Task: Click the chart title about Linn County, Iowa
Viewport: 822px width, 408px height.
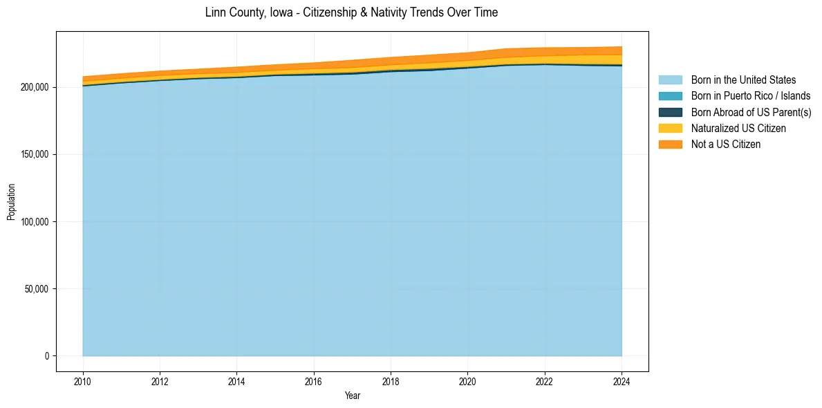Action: point(351,12)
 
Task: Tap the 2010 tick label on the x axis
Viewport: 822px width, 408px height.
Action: point(83,380)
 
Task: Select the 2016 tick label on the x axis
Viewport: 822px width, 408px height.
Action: point(314,380)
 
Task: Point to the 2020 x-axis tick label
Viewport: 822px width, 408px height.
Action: point(468,380)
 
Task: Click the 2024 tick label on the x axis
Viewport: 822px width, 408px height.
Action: point(622,380)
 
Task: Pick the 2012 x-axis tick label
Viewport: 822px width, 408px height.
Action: point(160,380)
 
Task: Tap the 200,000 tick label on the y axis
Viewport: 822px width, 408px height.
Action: point(34,87)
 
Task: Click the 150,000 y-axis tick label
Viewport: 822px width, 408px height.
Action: point(34,154)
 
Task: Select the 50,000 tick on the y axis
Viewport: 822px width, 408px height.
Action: point(36,288)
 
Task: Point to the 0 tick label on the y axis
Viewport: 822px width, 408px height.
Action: point(47,355)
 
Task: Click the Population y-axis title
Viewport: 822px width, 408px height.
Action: point(11,202)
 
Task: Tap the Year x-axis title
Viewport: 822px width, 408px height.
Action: point(352,396)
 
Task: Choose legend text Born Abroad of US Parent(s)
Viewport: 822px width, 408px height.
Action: point(751,112)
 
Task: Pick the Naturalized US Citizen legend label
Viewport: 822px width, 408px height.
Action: point(738,128)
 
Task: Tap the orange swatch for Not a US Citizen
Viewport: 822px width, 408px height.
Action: point(670,144)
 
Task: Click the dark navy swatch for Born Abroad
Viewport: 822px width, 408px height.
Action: point(670,112)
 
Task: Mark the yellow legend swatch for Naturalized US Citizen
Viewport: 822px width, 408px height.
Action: point(670,128)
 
